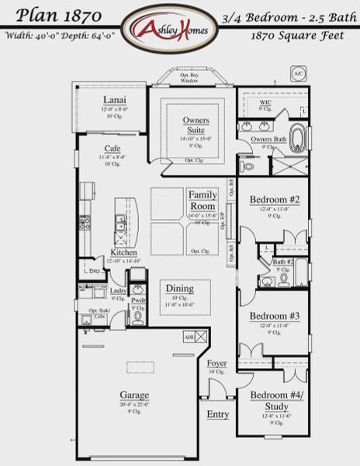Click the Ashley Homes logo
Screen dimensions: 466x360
pyautogui.click(x=179, y=28)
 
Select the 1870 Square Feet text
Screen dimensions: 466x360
pyautogui.click(x=299, y=36)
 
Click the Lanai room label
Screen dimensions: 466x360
pyautogui.click(x=116, y=100)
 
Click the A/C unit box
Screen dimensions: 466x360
pyautogui.click(x=298, y=75)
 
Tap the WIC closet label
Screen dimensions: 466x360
pyautogui.click(x=265, y=102)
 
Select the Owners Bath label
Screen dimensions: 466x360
pyautogui.click(x=268, y=139)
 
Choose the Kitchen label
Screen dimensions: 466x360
pyautogui.click(x=124, y=253)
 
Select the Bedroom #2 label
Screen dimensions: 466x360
pyautogui.click(x=269, y=200)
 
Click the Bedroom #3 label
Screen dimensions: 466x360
pyautogui.click(x=269, y=316)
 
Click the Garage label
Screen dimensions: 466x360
pyautogui.click(x=134, y=395)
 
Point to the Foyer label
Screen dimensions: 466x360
pyautogui.click(x=216, y=363)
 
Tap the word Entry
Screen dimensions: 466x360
pyautogui.click(x=217, y=415)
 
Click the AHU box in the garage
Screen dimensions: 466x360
pyautogui.click(x=189, y=336)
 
